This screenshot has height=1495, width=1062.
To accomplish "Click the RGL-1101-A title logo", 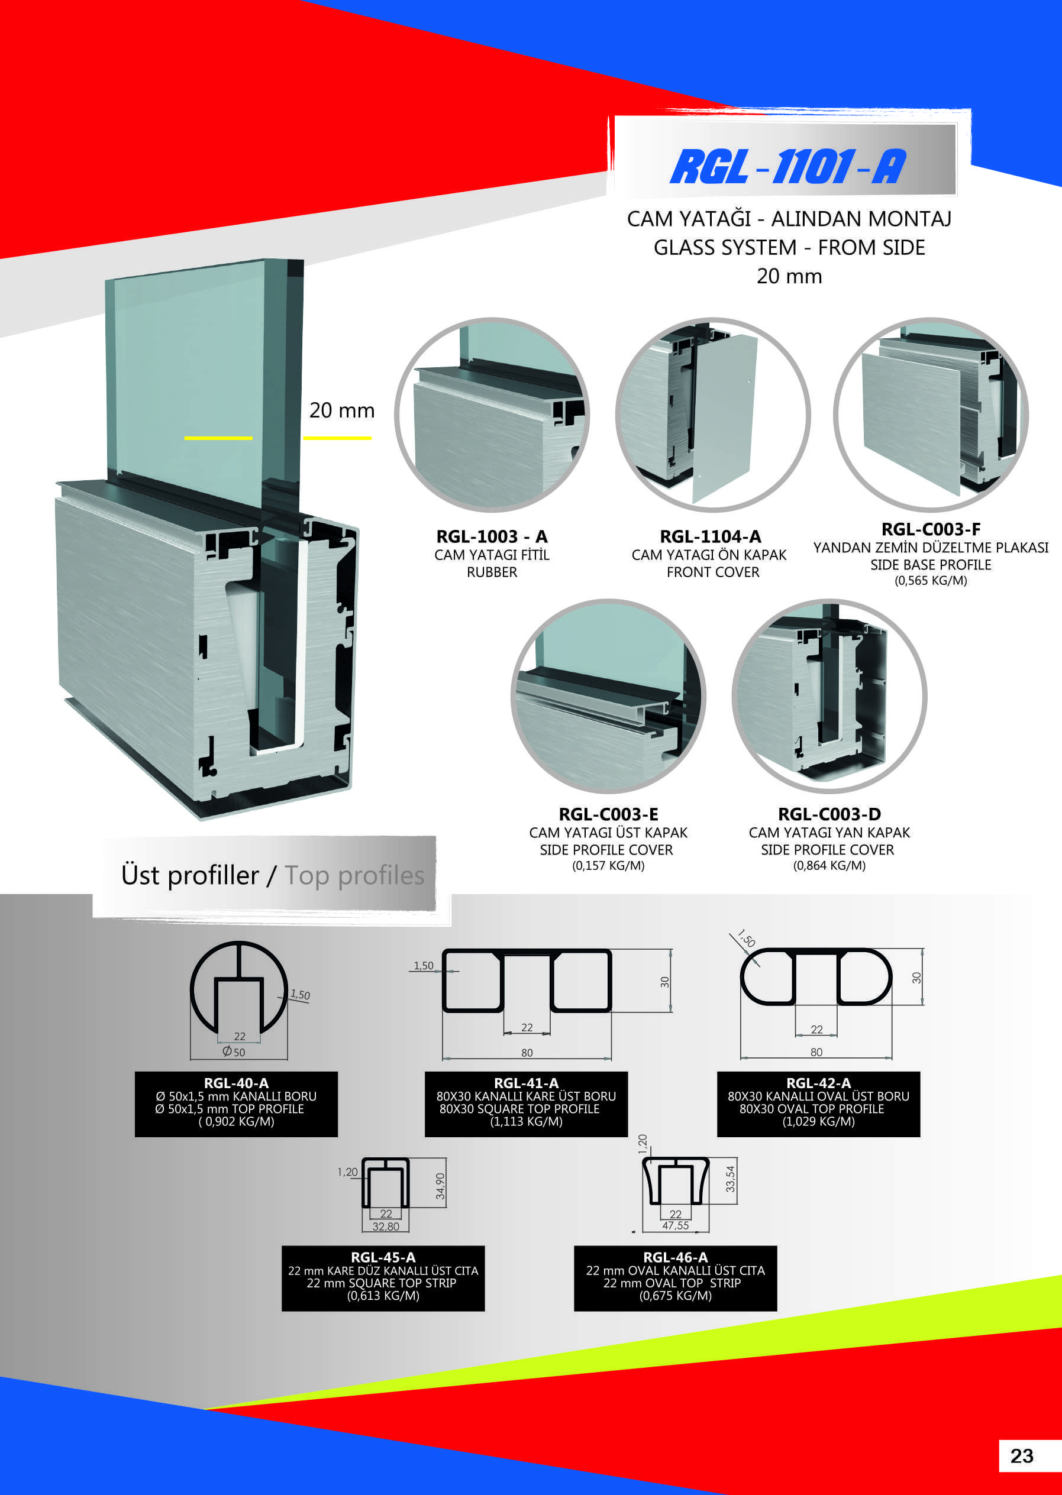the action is point(788,166).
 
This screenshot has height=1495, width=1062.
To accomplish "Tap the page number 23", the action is point(1021,1456).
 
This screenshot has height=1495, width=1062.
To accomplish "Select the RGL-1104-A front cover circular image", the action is point(713,415).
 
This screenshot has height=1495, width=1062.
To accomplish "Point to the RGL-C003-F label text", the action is point(931,529).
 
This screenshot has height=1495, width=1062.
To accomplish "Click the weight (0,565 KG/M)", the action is point(931,581).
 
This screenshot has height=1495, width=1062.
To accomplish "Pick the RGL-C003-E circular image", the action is point(608,696).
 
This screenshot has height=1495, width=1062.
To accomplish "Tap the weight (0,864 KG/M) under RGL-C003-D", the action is point(829,866).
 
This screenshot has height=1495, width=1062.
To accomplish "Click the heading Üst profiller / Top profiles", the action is point(273,875).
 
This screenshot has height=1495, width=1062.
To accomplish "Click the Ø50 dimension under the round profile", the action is point(234,1052).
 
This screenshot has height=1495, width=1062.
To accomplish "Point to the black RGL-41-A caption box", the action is point(526,1104).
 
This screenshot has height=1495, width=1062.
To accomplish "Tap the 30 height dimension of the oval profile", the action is point(916,978).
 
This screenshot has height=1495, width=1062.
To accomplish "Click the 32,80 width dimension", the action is point(386,1227).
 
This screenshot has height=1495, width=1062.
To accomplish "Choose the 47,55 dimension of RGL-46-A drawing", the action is point(675,1225).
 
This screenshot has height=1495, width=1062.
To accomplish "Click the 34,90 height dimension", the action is point(440,1186).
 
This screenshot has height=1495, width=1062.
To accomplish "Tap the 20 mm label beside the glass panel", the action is point(342,410).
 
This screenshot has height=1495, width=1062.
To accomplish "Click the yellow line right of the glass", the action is point(337,438).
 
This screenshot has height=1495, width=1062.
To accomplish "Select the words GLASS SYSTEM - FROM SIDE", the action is point(789,247).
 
